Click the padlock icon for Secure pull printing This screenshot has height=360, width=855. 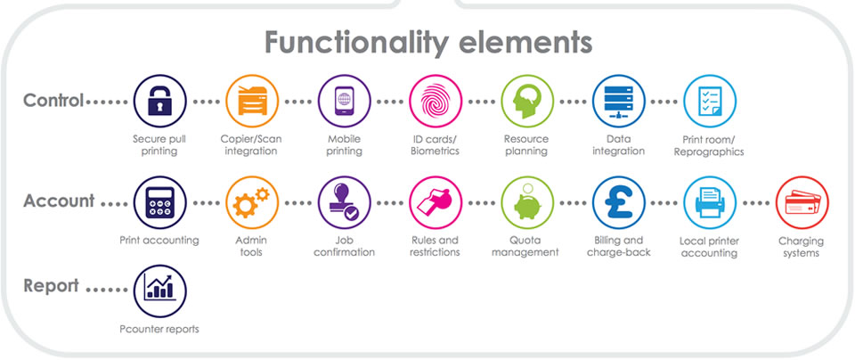159,101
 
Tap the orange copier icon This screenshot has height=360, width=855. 252,101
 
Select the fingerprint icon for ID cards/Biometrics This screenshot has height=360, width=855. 436,101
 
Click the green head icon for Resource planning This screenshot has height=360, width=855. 527,101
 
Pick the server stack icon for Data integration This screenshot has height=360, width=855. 619,101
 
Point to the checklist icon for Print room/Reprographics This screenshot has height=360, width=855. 710,101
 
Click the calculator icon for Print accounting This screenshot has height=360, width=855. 159,202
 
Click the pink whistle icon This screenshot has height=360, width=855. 436,202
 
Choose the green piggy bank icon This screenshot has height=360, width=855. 527,202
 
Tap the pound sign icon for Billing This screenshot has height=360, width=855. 619,202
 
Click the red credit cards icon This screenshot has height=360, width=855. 802,202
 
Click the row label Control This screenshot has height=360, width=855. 53,101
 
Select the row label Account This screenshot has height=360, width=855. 59,200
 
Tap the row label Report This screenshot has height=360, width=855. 52,286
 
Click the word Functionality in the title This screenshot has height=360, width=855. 357,43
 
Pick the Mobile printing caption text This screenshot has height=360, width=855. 344,144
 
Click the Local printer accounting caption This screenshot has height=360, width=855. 710,247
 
